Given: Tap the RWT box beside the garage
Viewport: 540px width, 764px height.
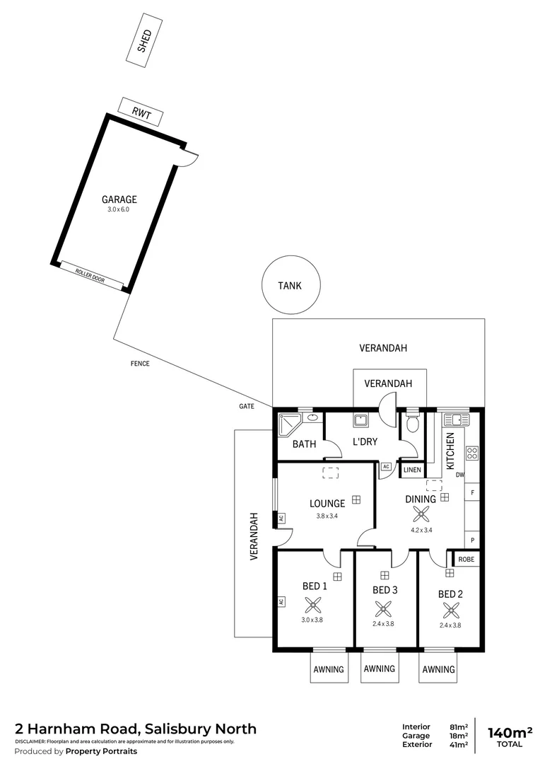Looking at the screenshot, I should [141, 112].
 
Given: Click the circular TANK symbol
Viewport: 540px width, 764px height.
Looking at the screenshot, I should [289, 286].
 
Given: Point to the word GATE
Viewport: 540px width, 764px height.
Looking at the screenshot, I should [246, 407].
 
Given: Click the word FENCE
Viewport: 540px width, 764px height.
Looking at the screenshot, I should [140, 364].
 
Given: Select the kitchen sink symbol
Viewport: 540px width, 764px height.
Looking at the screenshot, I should [451, 419].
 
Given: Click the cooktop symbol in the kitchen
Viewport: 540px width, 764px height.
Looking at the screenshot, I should [472, 453].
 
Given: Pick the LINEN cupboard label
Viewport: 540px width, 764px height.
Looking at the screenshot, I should [412, 470].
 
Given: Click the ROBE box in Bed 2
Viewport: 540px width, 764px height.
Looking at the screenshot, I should [466, 559].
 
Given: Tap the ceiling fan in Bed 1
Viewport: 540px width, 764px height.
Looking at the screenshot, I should [312, 605].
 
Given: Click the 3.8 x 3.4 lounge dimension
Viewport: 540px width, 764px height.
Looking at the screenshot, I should [327, 516].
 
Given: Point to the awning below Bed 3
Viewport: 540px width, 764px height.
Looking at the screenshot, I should [380, 669].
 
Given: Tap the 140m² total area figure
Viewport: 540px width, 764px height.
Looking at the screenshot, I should [510, 731].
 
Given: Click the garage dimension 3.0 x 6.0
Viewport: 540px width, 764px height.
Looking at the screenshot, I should [119, 209].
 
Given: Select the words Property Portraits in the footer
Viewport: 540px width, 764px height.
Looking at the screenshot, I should [101, 751].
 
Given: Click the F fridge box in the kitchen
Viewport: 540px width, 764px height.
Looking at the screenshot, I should [472, 490].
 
